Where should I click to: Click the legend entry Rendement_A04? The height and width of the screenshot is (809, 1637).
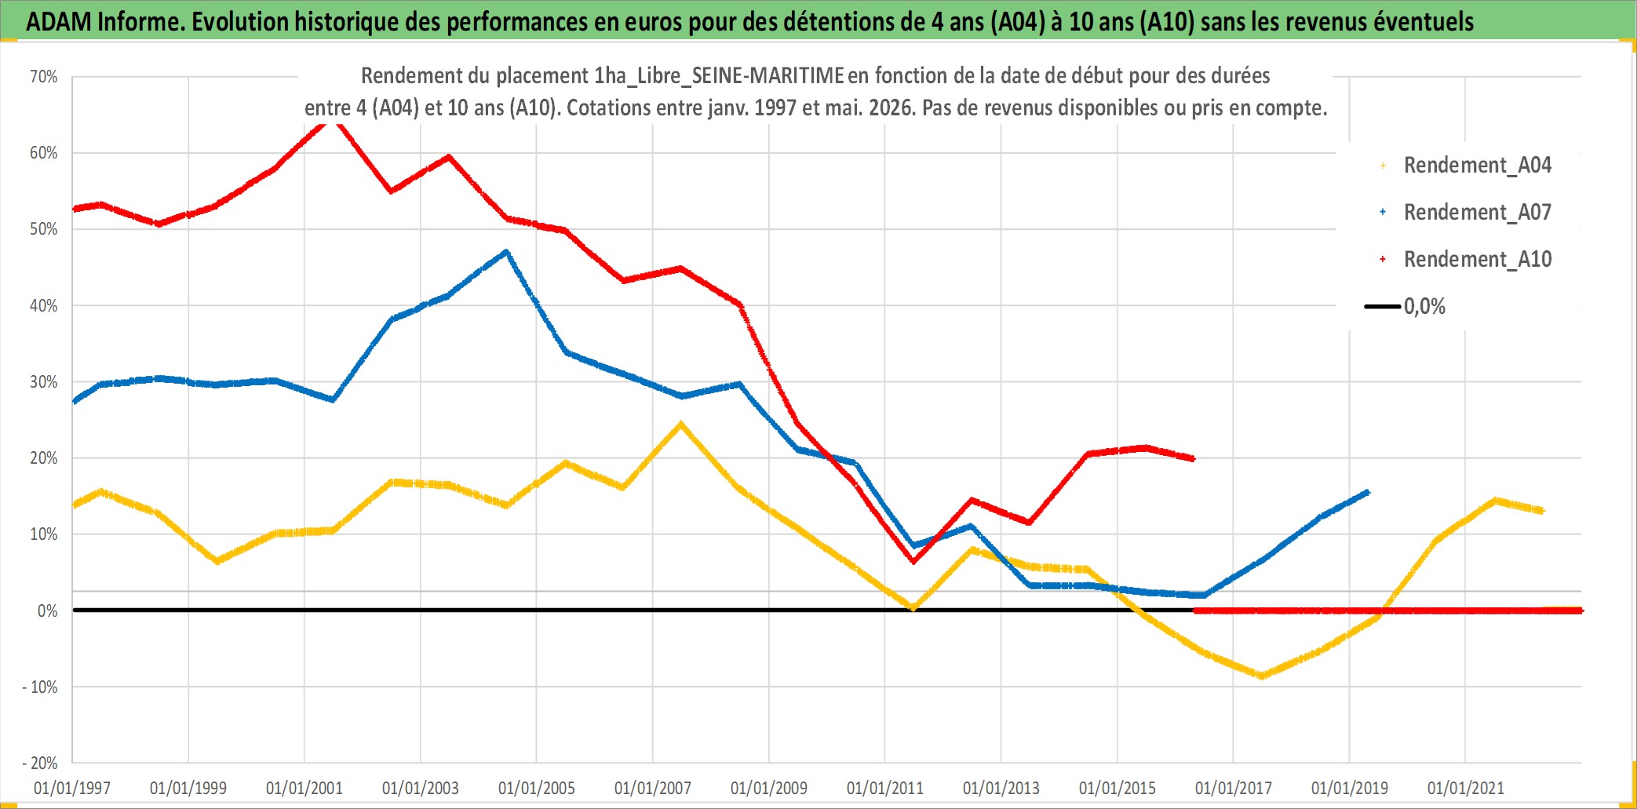[x=1478, y=166]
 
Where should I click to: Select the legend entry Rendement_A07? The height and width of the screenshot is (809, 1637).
[x=1478, y=213]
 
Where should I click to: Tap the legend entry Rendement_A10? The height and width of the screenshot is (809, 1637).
[x=1478, y=260]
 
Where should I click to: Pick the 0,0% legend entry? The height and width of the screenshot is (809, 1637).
[x=1424, y=307]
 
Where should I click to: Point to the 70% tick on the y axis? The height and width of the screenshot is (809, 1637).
[x=44, y=77]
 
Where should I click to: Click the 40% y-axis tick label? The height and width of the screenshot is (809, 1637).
[x=44, y=306]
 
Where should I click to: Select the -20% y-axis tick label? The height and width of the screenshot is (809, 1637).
[x=40, y=763]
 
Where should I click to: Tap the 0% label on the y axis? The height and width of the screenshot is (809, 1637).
[x=48, y=611]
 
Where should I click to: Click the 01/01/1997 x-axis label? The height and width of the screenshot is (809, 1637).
[x=72, y=788]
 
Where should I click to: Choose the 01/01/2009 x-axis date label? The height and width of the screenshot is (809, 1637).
[x=769, y=788]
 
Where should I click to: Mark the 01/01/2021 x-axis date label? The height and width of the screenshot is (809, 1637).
[x=1466, y=788]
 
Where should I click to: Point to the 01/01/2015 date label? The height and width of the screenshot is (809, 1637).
[x=1117, y=788]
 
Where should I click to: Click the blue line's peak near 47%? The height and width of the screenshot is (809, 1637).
[x=506, y=252]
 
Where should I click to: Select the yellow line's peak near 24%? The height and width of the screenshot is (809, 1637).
[x=680, y=425]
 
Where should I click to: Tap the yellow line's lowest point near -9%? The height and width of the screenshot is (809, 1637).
[x=1262, y=676]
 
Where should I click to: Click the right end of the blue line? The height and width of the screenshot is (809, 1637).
[x=1368, y=492]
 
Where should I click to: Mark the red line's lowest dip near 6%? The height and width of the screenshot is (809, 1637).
[x=913, y=561]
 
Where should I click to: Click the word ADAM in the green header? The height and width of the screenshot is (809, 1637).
[x=59, y=22]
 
